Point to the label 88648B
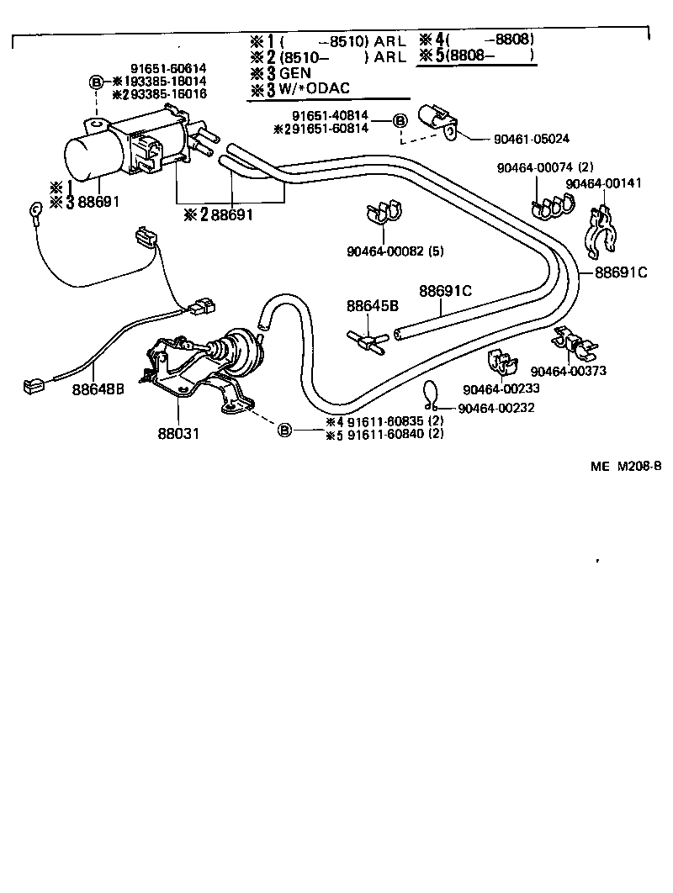pos(98,389)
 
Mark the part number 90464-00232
pos(501,409)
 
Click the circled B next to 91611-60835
pos(284,431)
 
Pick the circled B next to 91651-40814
pos(400,121)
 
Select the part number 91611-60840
pos(388,434)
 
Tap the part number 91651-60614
pos(168,68)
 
